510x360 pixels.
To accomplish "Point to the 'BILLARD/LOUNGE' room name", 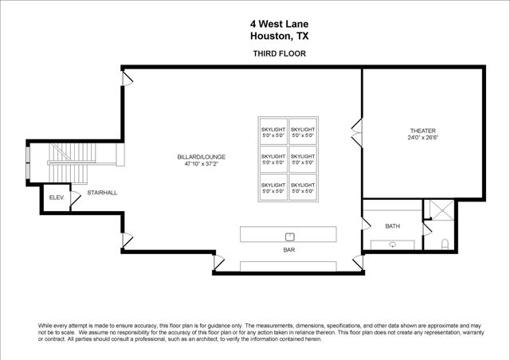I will coord(199,158).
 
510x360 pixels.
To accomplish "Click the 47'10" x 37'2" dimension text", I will coord(199,165).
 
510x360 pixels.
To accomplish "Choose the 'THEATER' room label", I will coord(423,131).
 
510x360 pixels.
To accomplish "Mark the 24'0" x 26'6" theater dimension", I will coord(423,138).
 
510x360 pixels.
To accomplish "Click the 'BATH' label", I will coord(392,226).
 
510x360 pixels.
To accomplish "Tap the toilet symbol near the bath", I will coord(448,242).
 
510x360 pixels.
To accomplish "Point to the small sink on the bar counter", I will coord(290,235).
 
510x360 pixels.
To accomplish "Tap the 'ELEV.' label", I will coord(56,197).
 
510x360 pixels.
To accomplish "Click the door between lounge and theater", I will coord(358,129).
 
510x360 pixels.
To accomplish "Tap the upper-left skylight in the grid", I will coord(273,131).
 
